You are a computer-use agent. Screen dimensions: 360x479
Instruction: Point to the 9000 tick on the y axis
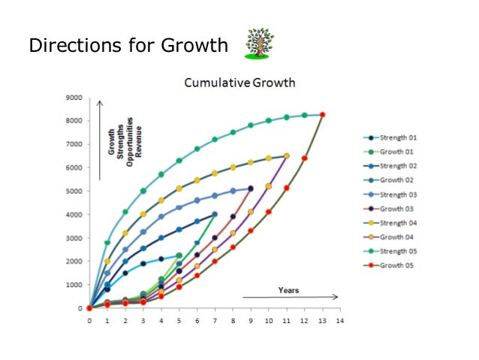click(x=73, y=97)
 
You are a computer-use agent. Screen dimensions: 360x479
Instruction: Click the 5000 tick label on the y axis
click(x=73, y=191)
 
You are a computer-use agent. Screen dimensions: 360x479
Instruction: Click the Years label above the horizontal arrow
click(x=289, y=289)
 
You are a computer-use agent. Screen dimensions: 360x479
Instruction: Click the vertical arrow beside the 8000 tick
click(x=101, y=143)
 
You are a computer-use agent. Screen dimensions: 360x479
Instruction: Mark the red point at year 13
click(x=322, y=115)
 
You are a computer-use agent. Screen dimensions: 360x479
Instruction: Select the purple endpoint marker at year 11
click(x=286, y=156)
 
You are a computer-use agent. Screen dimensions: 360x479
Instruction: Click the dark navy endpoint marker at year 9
click(x=251, y=189)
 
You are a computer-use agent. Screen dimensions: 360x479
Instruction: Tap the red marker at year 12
click(x=304, y=158)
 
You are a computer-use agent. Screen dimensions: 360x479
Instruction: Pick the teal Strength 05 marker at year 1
click(x=107, y=243)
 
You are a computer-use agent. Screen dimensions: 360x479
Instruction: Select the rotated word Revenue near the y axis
click(x=139, y=142)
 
